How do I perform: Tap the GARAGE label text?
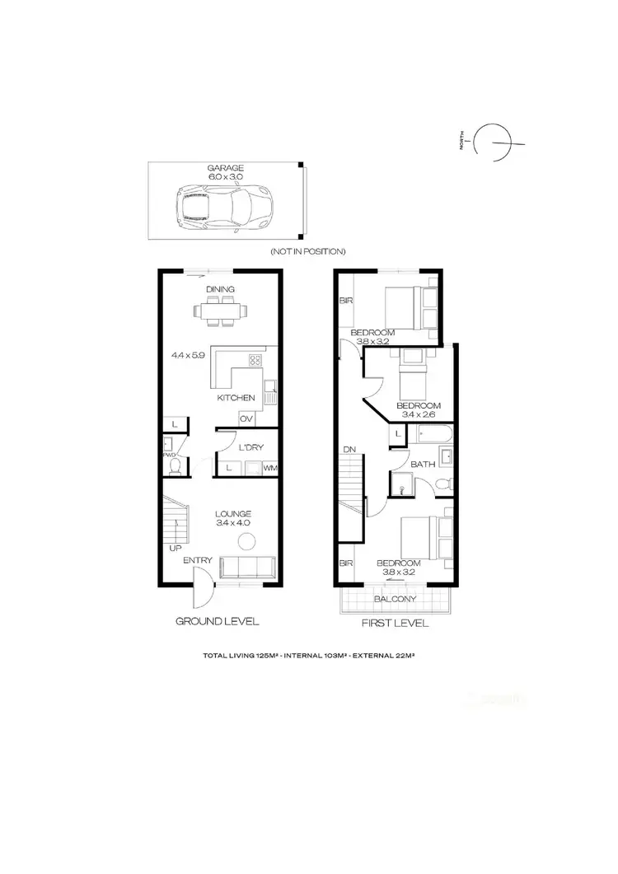coord(225,168)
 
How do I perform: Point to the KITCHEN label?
coord(236,399)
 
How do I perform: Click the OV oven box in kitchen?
coord(246,419)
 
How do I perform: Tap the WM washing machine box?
coord(269,468)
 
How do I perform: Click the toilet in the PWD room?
coord(174,467)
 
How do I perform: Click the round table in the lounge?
coord(246,541)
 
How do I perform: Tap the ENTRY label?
coord(199,561)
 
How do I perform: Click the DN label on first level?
coord(349,450)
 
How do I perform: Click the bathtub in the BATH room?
coord(430,434)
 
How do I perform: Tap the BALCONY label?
coord(395,599)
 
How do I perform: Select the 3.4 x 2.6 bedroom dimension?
coord(419,416)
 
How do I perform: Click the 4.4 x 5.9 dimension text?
coord(188,356)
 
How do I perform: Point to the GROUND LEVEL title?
coord(218,621)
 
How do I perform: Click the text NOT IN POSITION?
coord(307,251)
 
